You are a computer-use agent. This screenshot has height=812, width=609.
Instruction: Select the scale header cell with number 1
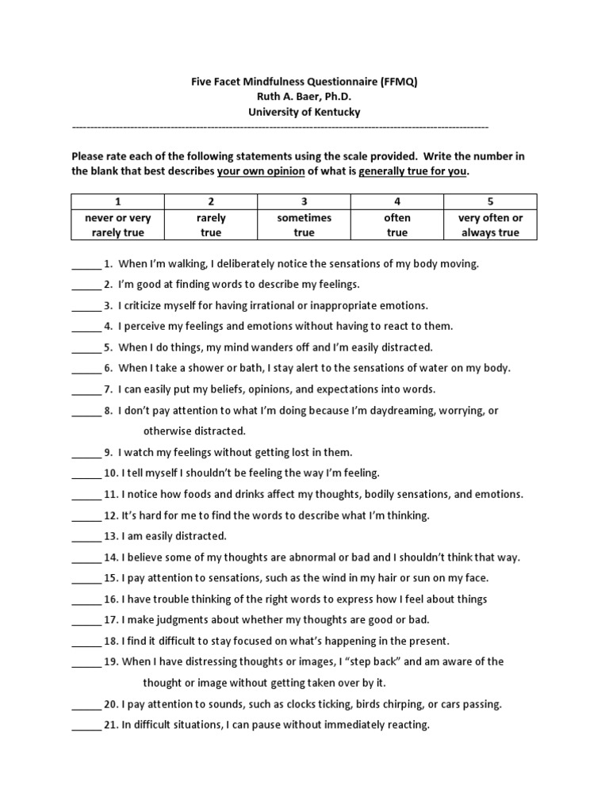coord(118,201)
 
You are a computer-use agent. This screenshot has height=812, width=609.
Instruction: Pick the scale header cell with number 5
coord(490,201)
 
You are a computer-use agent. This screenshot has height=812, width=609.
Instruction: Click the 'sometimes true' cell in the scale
coord(304,225)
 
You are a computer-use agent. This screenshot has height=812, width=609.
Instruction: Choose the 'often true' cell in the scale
coord(397,225)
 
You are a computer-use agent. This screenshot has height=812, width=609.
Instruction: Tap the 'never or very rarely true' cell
coord(118,225)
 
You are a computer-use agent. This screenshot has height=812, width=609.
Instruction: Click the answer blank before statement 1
coord(86,265)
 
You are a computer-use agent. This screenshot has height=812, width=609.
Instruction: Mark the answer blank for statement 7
coord(86,391)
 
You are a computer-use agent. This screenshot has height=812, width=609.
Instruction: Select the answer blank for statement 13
coord(86,538)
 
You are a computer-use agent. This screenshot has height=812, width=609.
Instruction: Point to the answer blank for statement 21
coord(86,726)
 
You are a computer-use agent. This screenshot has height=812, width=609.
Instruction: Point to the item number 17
coord(112,620)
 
